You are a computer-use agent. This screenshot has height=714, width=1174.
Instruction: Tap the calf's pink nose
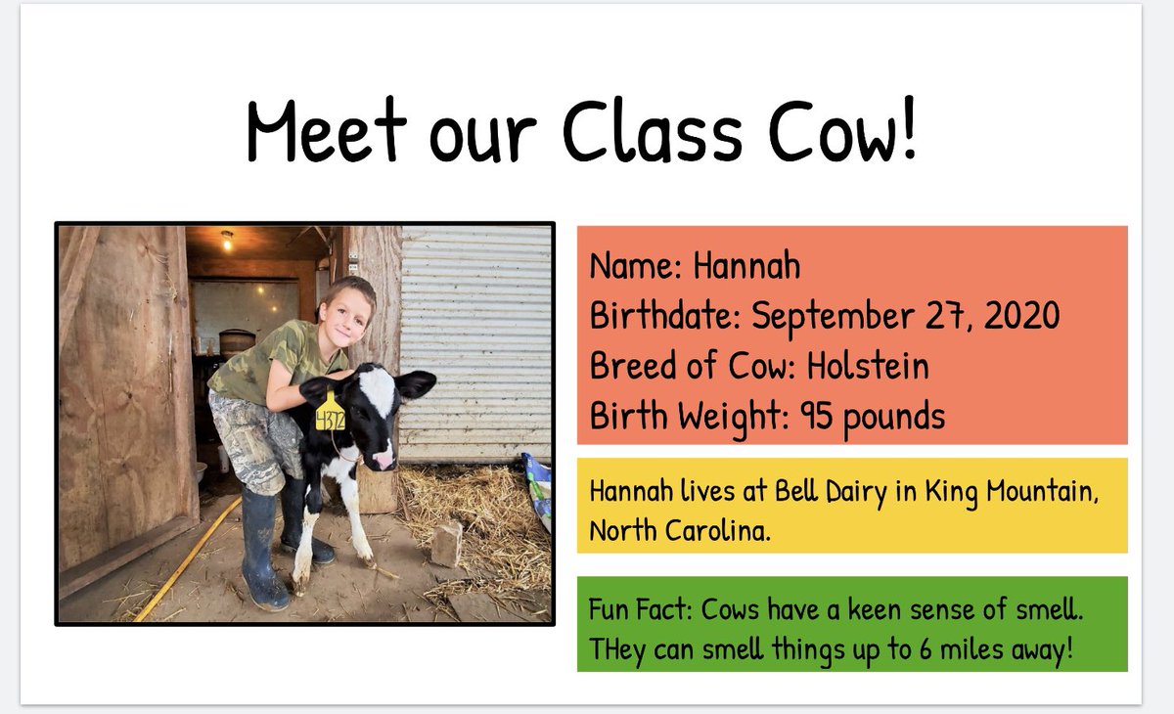click(384, 458)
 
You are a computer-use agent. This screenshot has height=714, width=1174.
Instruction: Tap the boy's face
click(348, 313)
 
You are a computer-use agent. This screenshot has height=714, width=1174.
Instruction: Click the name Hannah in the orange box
click(746, 266)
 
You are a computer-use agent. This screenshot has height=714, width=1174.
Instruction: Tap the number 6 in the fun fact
click(926, 648)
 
